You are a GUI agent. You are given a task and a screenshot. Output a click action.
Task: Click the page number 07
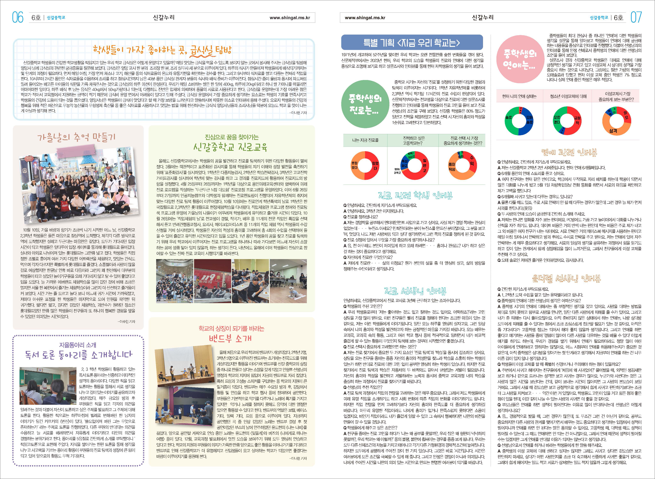point(636,17)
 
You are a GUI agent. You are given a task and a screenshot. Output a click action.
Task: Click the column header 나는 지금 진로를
point(365,140)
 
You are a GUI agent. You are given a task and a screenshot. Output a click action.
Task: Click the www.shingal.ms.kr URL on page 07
point(365,18)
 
